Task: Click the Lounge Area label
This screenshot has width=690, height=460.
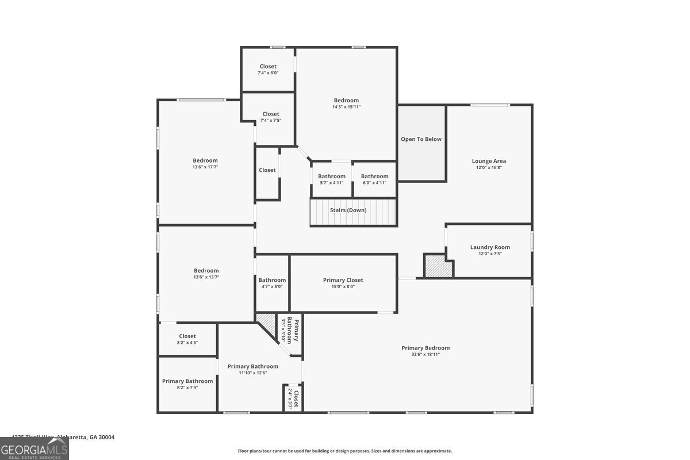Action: [x=489, y=161]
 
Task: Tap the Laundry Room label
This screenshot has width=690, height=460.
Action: [x=490, y=247]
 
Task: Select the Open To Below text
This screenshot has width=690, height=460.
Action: [x=421, y=139]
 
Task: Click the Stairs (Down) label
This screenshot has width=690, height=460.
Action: [x=348, y=210]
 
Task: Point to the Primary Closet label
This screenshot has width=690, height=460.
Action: [x=343, y=280]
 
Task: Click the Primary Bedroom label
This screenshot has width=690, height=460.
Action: [x=425, y=348]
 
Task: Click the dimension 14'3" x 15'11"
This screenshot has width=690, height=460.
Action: [x=346, y=107]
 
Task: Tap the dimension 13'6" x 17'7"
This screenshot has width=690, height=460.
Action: [x=205, y=167]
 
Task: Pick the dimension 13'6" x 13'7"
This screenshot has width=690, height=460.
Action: [x=206, y=277]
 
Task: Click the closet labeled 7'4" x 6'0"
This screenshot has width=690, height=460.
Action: [x=268, y=70]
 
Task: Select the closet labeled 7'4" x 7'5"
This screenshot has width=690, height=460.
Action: [x=271, y=117]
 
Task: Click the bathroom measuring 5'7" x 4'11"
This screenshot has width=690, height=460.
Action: [x=332, y=179]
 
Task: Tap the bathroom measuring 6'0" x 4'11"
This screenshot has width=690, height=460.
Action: [x=374, y=179]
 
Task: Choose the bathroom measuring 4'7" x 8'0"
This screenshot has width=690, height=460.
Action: [x=272, y=283]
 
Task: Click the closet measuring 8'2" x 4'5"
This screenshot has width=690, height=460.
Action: [x=187, y=339]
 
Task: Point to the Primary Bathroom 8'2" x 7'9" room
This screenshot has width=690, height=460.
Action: [x=187, y=384]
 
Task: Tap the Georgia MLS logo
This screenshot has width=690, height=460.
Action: [x=34, y=448]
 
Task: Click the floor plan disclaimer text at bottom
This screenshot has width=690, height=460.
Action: [x=345, y=451]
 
